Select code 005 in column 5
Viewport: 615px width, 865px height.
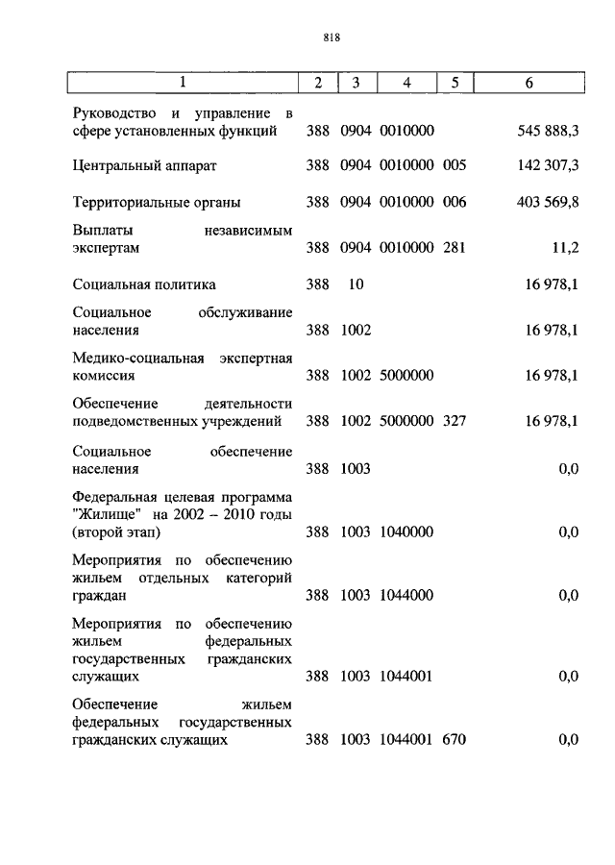pos(455,165)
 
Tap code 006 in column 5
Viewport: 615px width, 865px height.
pos(455,202)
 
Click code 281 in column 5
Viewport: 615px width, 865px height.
pos(455,248)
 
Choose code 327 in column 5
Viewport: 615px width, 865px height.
pos(455,420)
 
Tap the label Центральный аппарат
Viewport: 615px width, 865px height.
pos(144,165)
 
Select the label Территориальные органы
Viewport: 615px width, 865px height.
pos(156,202)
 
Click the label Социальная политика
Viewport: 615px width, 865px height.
pos(144,284)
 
